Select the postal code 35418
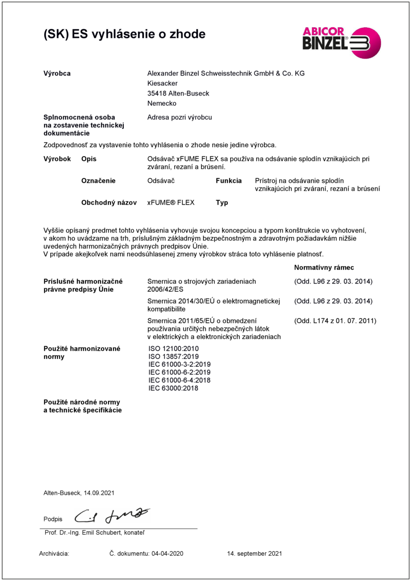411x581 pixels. [157, 93]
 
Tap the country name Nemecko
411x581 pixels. [161, 103]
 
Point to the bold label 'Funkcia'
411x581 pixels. [229, 181]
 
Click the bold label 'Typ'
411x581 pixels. [222, 203]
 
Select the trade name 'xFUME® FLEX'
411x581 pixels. [171, 203]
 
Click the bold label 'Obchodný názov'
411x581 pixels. [109, 203]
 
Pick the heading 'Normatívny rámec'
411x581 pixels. [324, 268]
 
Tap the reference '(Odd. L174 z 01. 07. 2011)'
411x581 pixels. [335, 321]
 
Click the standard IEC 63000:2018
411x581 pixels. [173, 388]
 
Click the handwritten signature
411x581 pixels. [113, 514]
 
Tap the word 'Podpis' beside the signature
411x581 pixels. [53, 519]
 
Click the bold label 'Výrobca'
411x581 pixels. [57, 74]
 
